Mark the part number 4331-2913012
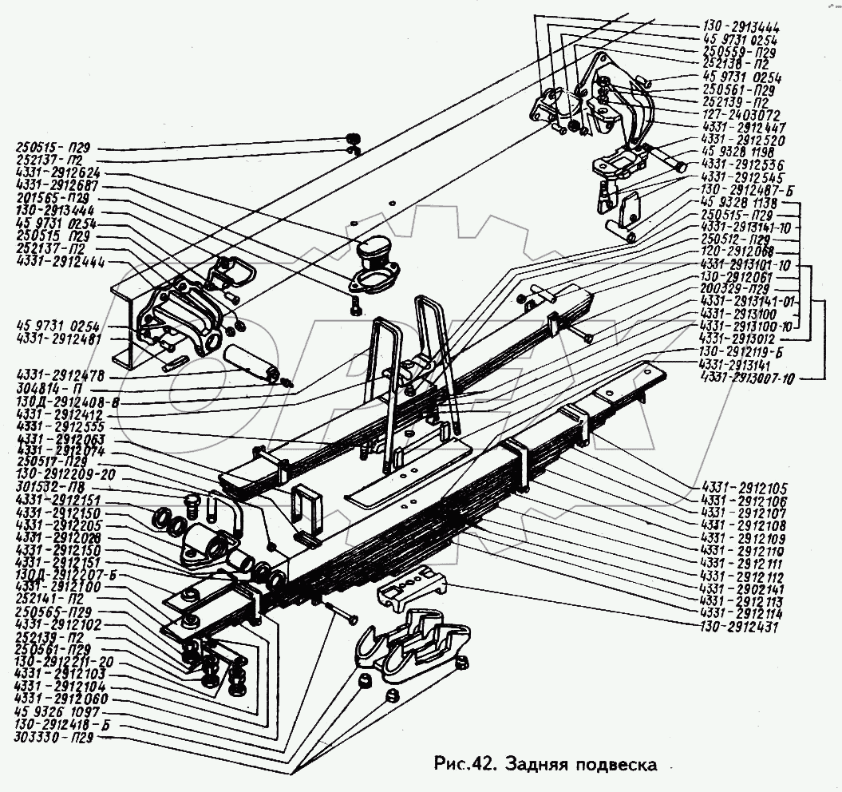tap(740, 339)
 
